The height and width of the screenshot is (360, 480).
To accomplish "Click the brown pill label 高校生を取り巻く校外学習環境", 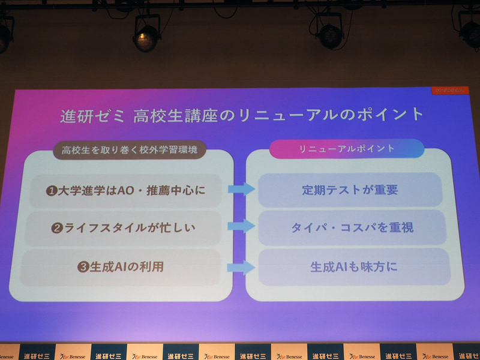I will click(130, 150).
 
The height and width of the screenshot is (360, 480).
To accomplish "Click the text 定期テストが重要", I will click(350, 190).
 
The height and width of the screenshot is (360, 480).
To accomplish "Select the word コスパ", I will click(356, 228).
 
